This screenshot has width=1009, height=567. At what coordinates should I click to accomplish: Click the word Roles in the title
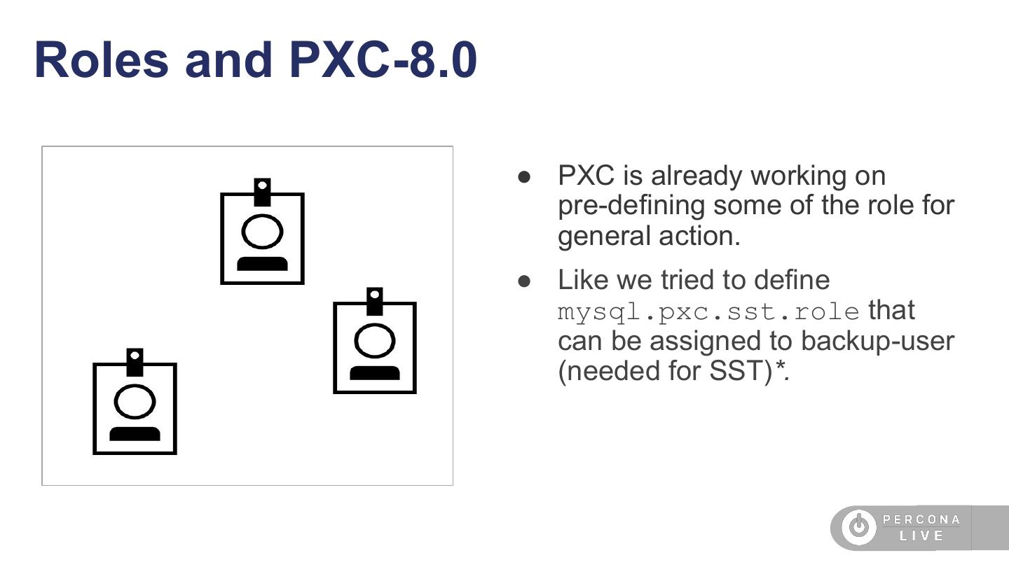tap(102, 60)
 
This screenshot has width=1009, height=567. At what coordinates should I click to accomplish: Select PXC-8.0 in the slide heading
tap(383, 60)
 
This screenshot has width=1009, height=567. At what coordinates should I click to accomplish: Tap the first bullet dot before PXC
tap(524, 177)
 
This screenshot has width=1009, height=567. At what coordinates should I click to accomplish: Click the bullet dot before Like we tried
tap(524, 281)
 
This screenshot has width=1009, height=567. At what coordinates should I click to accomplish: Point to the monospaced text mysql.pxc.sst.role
tap(708, 312)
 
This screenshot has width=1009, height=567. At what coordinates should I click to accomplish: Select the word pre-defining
tap(631, 206)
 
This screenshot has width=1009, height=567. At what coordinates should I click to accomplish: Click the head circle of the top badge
tap(262, 231)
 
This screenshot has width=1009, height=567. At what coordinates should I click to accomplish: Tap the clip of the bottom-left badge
tap(135, 363)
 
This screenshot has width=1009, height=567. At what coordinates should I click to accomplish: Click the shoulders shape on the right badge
tap(375, 373)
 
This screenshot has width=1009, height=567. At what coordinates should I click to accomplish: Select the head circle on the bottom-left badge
tap(135, 401)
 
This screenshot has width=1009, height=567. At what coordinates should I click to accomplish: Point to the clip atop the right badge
tap(375, 302)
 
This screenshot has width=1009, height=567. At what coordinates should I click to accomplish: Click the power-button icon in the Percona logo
tap(859, 526)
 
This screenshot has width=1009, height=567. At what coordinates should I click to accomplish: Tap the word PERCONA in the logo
tap(921, 519)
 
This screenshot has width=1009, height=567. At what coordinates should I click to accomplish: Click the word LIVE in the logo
tap(921, 536)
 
